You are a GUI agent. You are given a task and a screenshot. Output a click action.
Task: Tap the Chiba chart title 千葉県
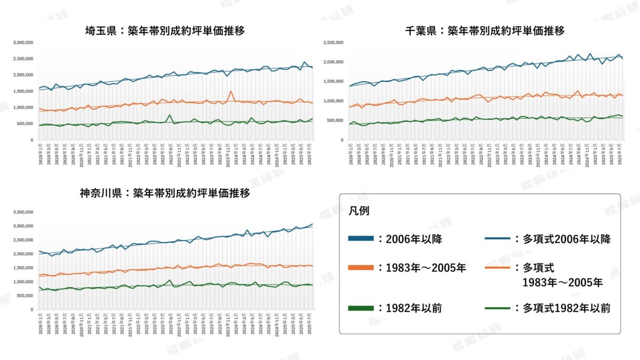pyautogui.click(x=420, y=31)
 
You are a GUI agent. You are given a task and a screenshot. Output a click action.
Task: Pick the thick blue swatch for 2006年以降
pyautogui.click(x=362, y=239)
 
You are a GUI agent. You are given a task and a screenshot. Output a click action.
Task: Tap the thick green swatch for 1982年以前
pyautogui.click(x=362, y=308)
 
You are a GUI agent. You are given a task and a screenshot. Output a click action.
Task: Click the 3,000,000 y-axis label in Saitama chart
pyautogui.click(x=23, y=42)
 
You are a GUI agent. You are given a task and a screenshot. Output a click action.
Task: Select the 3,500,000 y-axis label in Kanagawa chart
pyautogui.click(x=23, y=212)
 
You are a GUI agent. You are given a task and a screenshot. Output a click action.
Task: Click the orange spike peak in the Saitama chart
pyautogui.click(x=231, y=91)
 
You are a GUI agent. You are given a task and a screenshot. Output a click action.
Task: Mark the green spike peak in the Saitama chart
pyautogui.click(x=170, y=115)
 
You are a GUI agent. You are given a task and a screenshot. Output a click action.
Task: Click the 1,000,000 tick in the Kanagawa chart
pyautogui.click(x=23, y=282)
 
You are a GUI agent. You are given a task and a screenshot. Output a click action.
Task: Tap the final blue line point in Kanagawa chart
pyautogui.click(x=313, y=224)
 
